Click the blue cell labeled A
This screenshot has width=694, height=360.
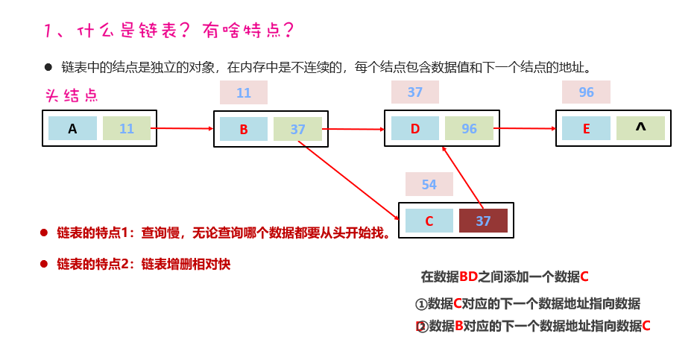point(72,128)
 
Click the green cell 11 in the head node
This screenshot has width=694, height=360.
point(127,128)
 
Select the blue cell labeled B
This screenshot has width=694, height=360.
point(244,129)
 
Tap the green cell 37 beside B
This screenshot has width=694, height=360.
point(297,129)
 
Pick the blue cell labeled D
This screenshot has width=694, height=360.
point(415,128)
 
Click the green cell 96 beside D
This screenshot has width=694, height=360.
point(469,128)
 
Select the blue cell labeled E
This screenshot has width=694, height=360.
point(586,128)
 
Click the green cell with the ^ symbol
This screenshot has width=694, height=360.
point(640,128)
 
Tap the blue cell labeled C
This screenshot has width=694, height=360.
point(429,221)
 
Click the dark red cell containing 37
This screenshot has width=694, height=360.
point(483,221)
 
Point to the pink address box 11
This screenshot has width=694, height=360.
point(244,92)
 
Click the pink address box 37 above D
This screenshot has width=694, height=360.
point(415,92)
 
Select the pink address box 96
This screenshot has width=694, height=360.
point(586,92)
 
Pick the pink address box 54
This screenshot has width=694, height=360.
point(429,184)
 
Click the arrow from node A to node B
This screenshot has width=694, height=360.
point(183,128)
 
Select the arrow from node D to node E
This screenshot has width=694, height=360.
point(525,128)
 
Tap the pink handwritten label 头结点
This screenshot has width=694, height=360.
point(72,96)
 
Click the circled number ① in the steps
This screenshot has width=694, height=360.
point(420,304)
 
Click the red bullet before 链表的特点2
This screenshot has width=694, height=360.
point(44,263)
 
